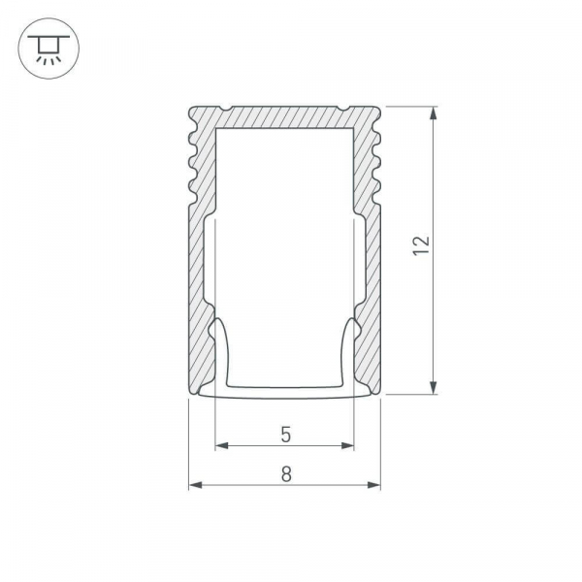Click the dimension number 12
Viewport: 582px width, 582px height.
[420, 246]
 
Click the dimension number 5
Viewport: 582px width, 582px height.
[285, 435]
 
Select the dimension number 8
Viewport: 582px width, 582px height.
[285, 474]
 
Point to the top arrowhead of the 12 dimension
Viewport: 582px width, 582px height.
[434, 111]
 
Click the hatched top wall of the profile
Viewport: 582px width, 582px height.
[283, 115]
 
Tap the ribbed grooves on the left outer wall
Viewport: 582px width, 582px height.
[191, 165]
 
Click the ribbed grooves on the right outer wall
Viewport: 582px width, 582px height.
[377, 165]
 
